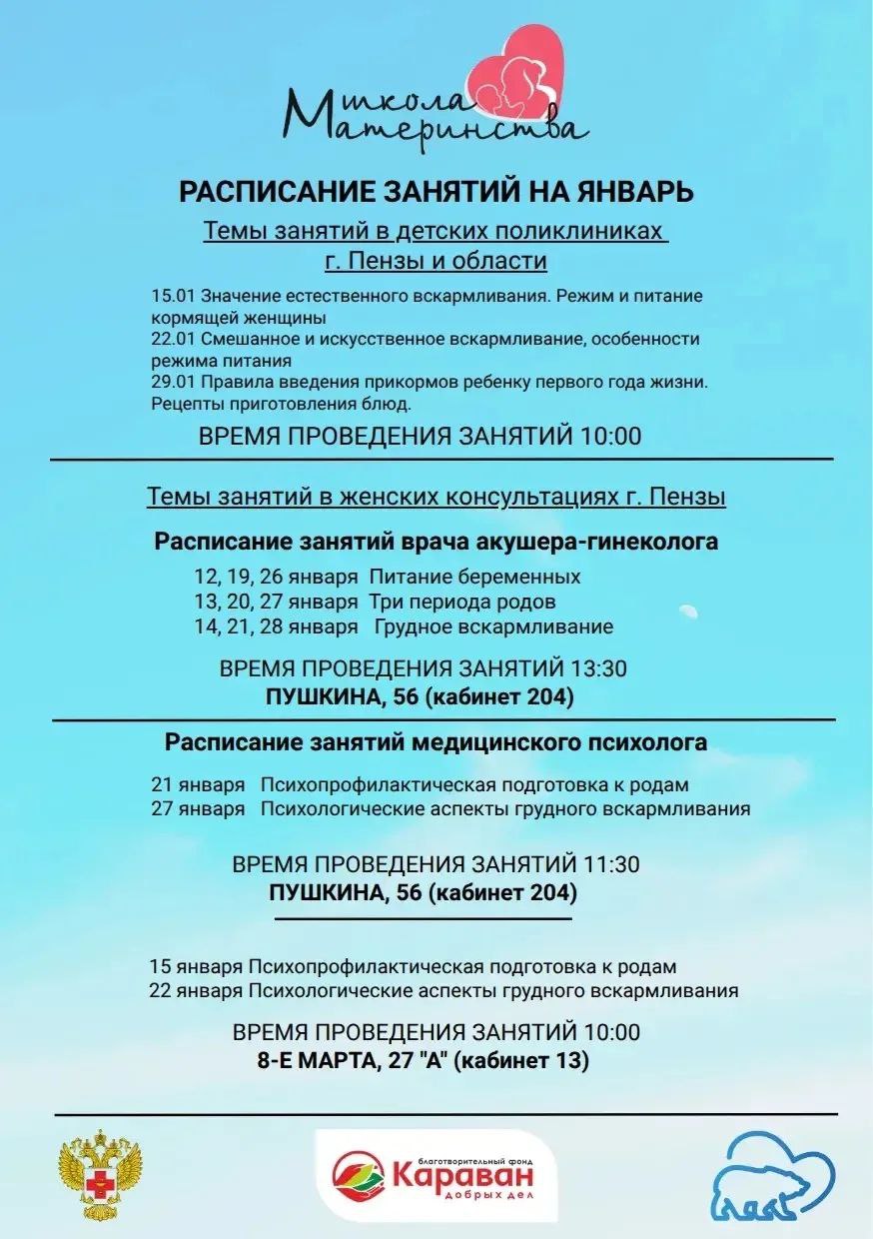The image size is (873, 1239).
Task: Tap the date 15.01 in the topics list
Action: pyautogui.click(x=173, y=297)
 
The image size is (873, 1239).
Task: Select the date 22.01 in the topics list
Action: pyautogui.click(x=173, y=339)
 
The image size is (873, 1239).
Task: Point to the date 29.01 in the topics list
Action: pyautogui.click(x=173, y=382)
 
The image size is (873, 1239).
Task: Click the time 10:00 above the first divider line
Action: pyautogui.click(x=607, y=437)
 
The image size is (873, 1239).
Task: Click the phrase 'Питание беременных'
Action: pyautogui.click(x=474, y=577)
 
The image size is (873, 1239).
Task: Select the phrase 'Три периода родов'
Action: pyautogui.click(x=462, y=602)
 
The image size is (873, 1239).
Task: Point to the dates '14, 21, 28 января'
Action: pyautogui.click(x=276, y=626)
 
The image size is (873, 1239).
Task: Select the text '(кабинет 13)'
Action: pyautogui.click(x=520, y=1059)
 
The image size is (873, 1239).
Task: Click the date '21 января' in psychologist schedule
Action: pyautogui.click(x=197, y=784)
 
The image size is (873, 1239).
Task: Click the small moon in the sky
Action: pyautogui.click(x=686, y=609)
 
